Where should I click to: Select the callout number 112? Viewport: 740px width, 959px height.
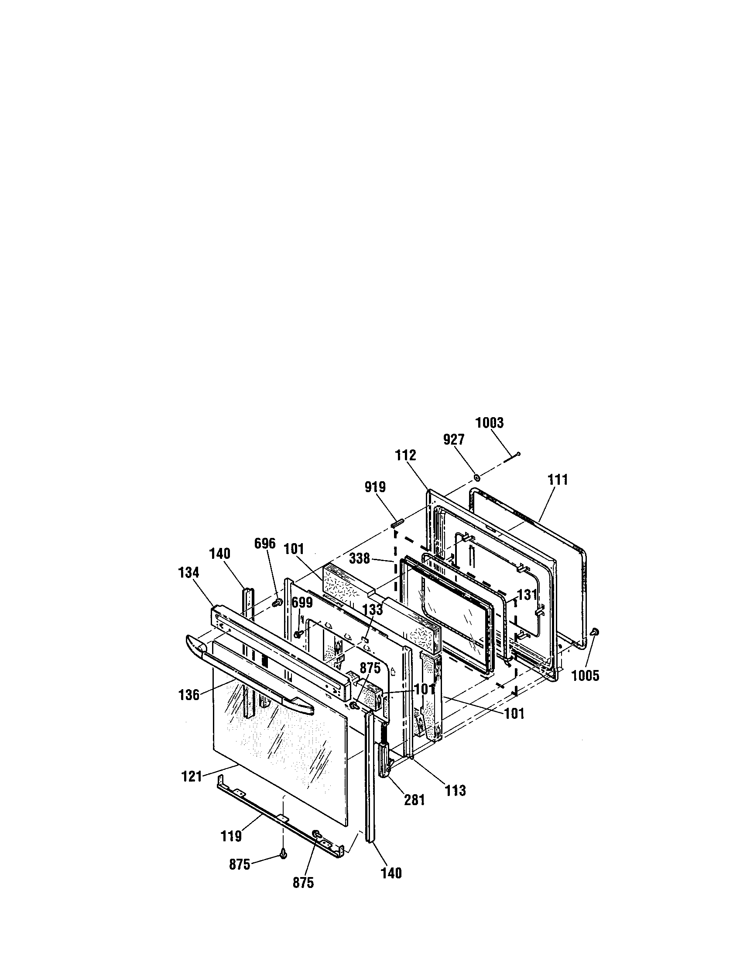[x=405, y=455]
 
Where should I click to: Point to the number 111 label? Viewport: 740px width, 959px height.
[x=558, y=479]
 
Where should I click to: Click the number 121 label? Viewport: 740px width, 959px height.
[x=192, y=776]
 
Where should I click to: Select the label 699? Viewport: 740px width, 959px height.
[x=302, y=602]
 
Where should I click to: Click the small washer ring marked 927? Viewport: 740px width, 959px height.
[x=477, y=476]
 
